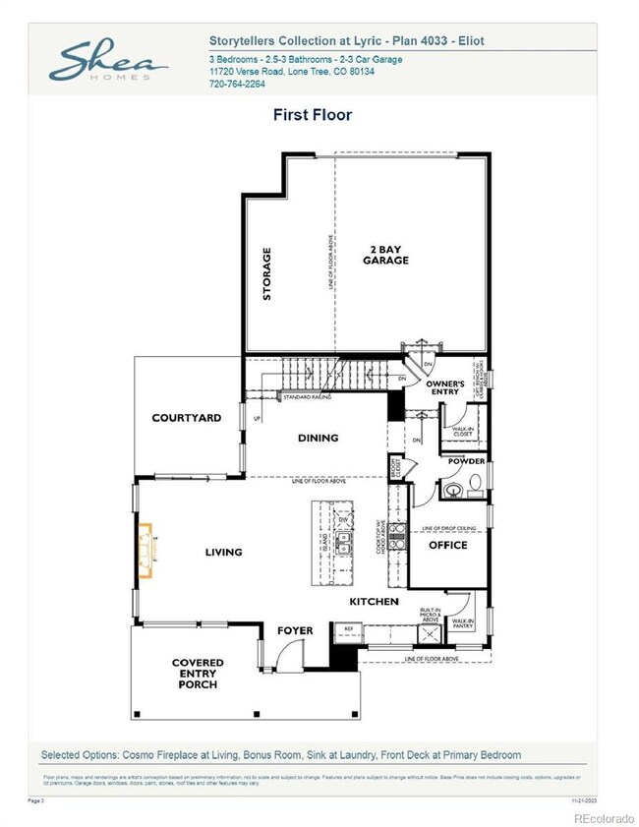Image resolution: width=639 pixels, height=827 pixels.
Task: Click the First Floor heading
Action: pos(312,115)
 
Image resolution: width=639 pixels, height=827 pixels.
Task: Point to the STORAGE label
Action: pos(266,274)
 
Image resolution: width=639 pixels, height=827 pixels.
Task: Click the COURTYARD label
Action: pos(187,418)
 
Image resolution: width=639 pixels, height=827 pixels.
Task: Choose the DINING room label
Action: pos(318,438)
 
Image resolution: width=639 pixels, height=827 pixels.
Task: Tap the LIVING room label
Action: pos(223,552)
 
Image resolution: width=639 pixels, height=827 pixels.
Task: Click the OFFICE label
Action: pos(447,545)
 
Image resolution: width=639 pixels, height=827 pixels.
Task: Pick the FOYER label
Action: pos(294,630)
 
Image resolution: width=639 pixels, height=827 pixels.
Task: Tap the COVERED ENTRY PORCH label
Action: pos(198,674)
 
